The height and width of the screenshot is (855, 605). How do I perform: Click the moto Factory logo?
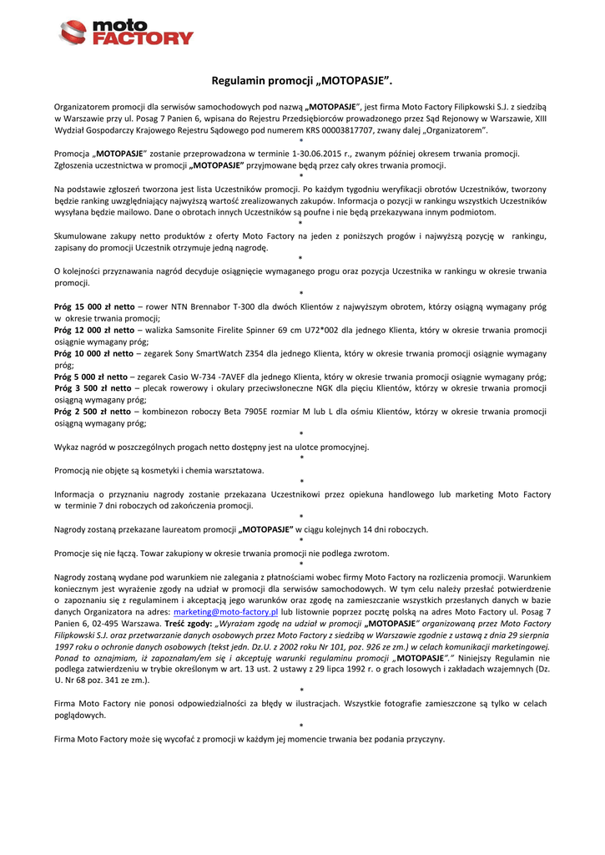click(126, 33)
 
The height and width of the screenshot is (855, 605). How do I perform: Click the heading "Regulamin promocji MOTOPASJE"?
click(301, 81)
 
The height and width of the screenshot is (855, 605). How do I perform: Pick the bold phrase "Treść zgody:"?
click(188, 624)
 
